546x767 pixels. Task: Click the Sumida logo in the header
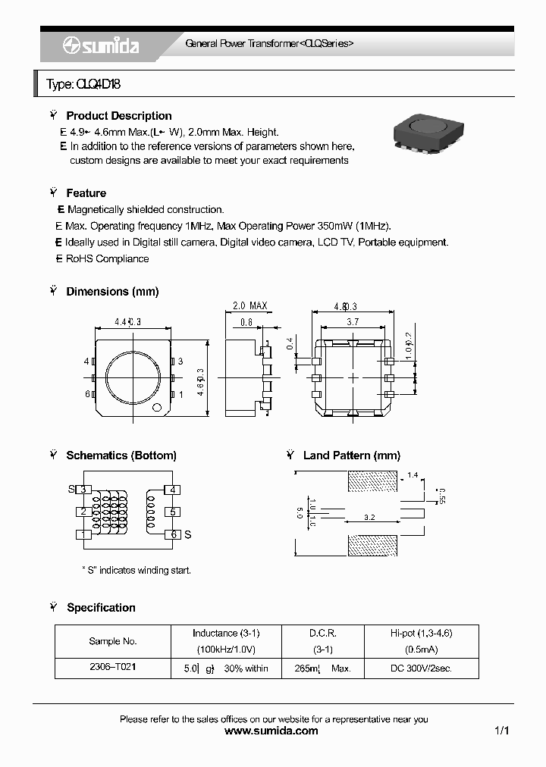[x=101, y=45]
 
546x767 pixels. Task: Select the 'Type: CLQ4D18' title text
[x=83, y=84]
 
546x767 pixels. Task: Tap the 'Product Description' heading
[x=118, y=116]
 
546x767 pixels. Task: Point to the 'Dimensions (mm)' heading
[x=112, y=292]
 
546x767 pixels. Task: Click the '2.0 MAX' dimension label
[x=249, y=306]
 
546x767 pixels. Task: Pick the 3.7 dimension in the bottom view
[x=353, y=322]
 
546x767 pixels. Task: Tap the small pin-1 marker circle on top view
[x=158, y=409]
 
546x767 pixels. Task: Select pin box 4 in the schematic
[x=173, y=490]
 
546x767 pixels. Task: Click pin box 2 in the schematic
[x=83, y=512]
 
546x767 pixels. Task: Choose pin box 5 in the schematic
[x=173, y=512]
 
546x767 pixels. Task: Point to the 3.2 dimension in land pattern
[x=369, y=518]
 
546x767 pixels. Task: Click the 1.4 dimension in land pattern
[x=412, y=475]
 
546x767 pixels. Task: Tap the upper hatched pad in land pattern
[x=372, y=480]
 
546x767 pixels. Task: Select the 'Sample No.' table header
[x=113, y=641]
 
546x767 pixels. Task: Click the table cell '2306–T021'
[x=113, y=668]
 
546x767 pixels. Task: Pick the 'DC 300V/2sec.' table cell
[x=421, y=668]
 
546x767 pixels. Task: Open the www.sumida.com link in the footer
[x=272, y=731]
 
